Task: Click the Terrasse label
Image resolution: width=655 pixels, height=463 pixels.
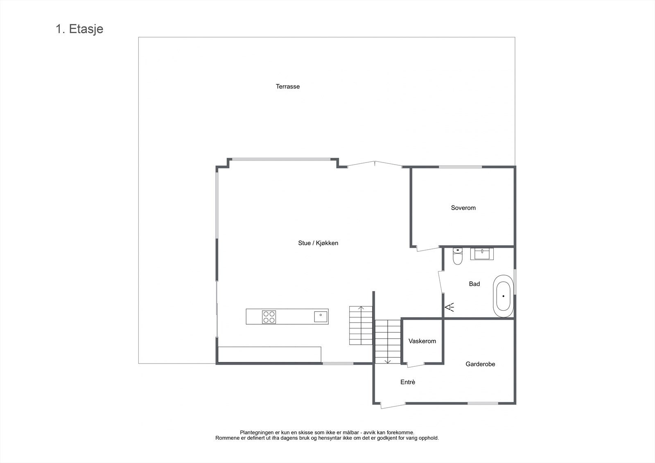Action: tap(288, 86)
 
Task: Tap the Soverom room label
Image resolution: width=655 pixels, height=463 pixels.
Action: tap(463, 208)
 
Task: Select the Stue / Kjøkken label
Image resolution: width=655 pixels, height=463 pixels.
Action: tap(318, 243)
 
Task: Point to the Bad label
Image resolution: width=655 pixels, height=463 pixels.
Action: tap(474, 284)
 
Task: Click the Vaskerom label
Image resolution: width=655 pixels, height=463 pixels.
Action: tap(422, 341)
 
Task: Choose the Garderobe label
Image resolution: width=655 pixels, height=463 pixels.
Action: tap(480, 364)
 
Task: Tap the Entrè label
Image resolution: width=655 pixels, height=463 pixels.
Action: tap(408, 382)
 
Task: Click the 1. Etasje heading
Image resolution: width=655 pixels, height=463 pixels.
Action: tap(79, 29)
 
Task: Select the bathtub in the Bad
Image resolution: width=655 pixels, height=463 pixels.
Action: tap(503, 296)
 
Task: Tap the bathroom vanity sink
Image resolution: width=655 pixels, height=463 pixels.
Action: tap(482, 253)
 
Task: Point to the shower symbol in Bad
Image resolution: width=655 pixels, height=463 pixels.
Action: tap(449, 307)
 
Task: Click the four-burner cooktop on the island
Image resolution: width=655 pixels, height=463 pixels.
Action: tap(269, 317)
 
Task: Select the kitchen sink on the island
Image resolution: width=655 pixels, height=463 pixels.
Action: tap(321, 316)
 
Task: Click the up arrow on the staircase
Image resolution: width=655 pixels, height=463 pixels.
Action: tap(361, 308)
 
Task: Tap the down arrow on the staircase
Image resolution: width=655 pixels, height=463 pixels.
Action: tap(388, 361)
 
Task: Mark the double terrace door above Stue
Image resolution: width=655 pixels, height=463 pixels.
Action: tap(375, 164)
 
